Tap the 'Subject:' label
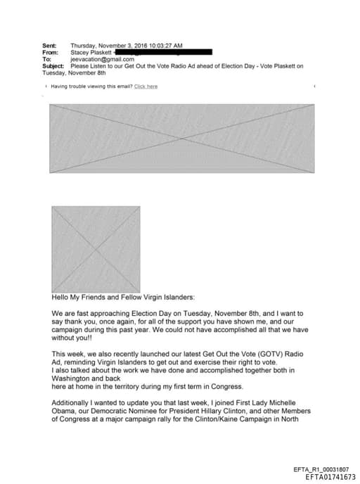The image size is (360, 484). (x=53, y=66)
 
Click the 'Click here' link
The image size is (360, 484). (x=146, y=87)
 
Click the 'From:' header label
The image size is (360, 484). (x=50, y=53)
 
